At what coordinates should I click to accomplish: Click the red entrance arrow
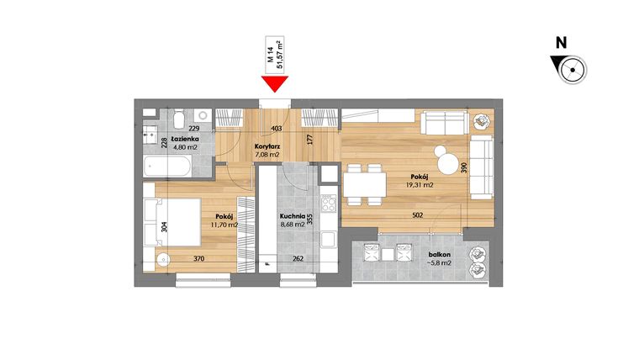pos(275,83)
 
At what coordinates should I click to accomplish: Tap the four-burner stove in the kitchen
pos(327,203)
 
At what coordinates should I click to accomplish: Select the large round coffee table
pos(443,156)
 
